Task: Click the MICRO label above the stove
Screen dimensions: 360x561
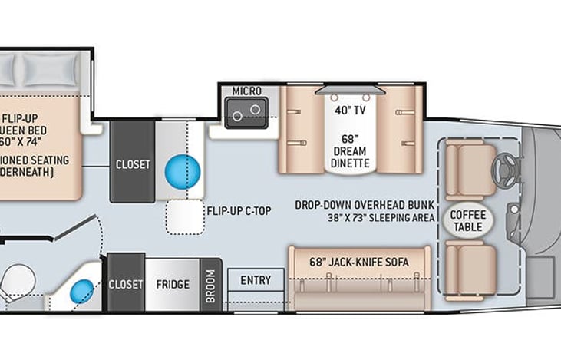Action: [x=247, y=91]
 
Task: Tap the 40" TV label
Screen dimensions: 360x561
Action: [x=350, y=110]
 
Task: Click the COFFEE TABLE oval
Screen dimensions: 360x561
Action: [x=467, y=220]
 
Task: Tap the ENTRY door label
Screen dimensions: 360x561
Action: [x=256, y=280]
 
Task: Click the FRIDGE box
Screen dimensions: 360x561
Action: [x=172, y=284]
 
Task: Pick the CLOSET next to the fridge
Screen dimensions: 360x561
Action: [x=126, y=284]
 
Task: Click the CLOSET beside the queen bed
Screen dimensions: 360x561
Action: [x=133, y=163]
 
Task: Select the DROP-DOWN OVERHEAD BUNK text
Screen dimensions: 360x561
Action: [x=365, y=206]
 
